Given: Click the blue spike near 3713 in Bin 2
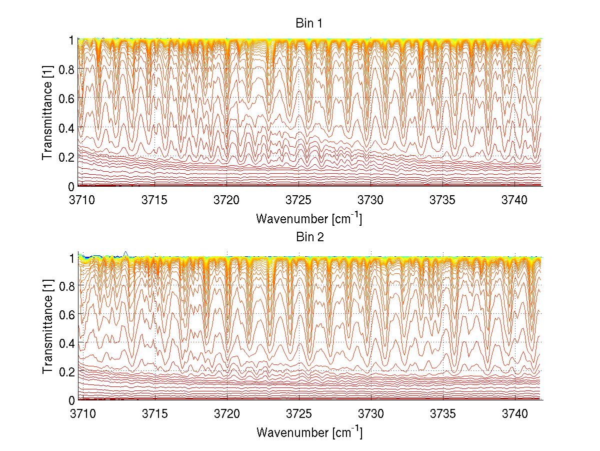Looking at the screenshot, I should (126, 253).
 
